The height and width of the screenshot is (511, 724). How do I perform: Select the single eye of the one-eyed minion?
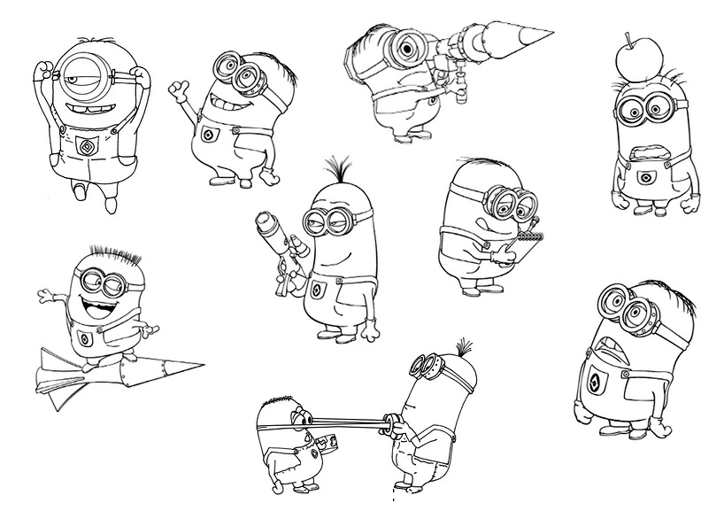click(x=84, y=69)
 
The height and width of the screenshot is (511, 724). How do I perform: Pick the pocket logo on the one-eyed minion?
click(x=86, y=145)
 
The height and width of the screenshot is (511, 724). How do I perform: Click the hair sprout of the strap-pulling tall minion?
click(x=460, y=344)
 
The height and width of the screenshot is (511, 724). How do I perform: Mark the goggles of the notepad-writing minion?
click(x=512, y=205)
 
